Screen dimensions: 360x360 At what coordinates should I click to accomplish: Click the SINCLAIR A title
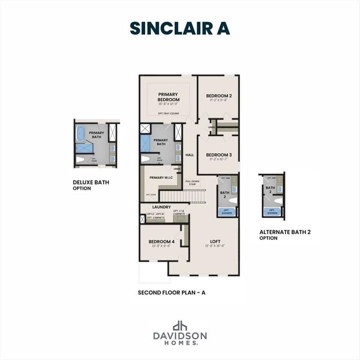pyautogui.click(x=180, y=28)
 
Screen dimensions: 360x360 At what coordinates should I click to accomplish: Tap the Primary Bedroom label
pyautogui.click(x=168, y=97)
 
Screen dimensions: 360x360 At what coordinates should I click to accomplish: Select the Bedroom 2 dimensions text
pyautogui.click(x=219, y=100)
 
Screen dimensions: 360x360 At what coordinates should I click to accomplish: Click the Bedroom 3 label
pyautogui.click(x=219, y=155)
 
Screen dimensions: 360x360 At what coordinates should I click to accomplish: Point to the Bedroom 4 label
pyautogui.click(x=161, y=241)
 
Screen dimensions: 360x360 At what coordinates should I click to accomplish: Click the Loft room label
pyautogui.click(x=215, y=241)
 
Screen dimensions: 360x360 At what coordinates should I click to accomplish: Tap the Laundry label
pyautogui.click(x=161, y=207)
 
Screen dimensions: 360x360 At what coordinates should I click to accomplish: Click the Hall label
pyautogui.click(x=189, y=155)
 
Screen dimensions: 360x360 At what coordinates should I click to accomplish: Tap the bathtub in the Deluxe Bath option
pyautogui.click(x=80, y=134)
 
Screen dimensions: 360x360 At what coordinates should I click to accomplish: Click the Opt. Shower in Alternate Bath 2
pyautogui.click(x=272, y=211)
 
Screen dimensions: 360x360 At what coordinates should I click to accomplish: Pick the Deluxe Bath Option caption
pyautogui.click(x=91, y=185)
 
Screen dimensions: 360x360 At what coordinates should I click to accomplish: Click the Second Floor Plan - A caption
pyautogui.click(x=172, y=292)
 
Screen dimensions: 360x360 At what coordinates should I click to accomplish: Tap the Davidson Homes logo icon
pyautogui.click(x=180, y=326)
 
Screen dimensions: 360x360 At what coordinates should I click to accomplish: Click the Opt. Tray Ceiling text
pyautogui.click(x=168, y=113)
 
